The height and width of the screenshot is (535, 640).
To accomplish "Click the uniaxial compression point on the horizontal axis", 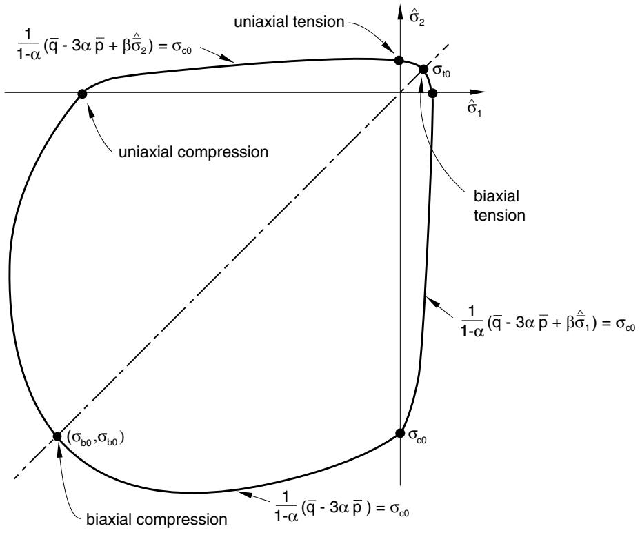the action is [x=82, y=94].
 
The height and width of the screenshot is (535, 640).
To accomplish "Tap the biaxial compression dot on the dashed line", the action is [x=57, y=436].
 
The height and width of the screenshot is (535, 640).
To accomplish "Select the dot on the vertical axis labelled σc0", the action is [x=400, y=434].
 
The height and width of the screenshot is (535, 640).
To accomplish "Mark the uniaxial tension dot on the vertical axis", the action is [x=399, y=61].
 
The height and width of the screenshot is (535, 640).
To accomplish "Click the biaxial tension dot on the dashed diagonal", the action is [x=423, y=70].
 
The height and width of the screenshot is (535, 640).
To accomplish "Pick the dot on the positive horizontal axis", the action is [x=433, y=94].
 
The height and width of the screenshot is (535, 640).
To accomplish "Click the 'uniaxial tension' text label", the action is [x=289, y=21].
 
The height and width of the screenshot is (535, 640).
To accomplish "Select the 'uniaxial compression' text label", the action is [x=194, y=152].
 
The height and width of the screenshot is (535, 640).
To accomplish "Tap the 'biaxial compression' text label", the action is [x=157, y=520].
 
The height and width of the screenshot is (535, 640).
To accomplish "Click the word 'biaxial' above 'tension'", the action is [x=497, y=196].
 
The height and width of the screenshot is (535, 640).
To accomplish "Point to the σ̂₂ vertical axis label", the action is [x=417, y=17].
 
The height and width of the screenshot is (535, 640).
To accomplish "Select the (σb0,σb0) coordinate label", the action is [x=95, y=438].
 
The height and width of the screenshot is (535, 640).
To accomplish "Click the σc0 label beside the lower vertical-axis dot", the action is [x=417, y=436].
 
